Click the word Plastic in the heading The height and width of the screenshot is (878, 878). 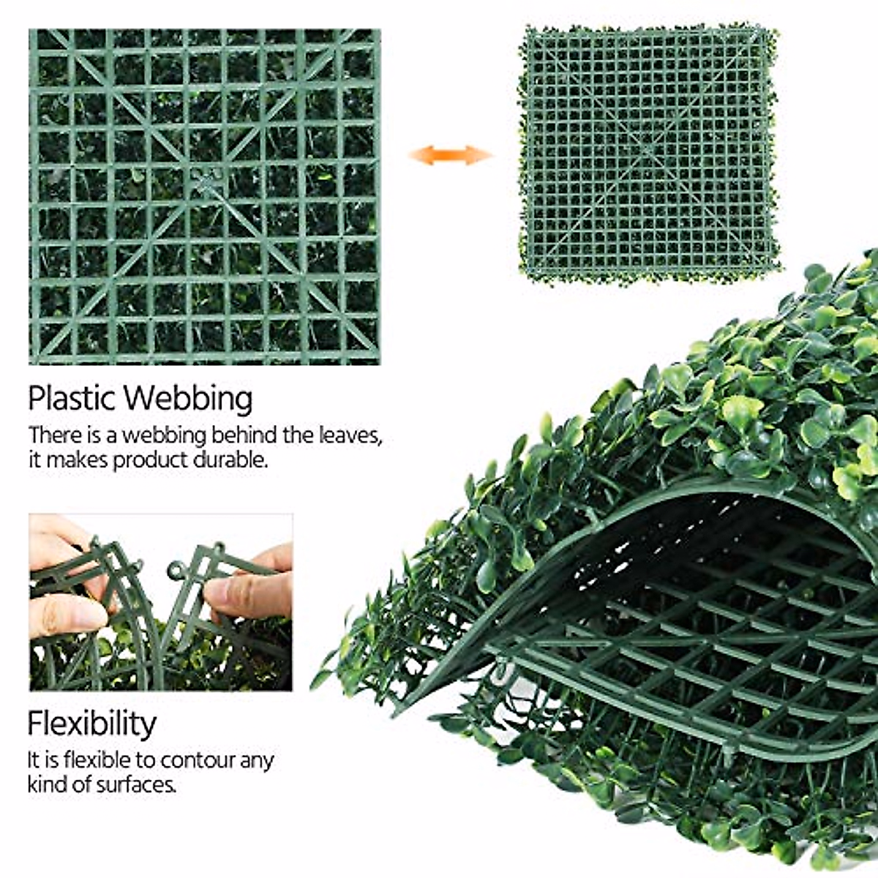(71, 399)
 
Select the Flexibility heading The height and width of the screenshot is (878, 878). (92, 724)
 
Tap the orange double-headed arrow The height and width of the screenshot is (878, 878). (450, 155)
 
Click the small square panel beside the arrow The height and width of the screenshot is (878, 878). (648, 154)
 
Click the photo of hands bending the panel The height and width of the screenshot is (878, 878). (161, 601)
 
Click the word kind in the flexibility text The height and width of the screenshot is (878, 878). (45, 785)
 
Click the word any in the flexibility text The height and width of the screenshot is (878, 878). (257, 761)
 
